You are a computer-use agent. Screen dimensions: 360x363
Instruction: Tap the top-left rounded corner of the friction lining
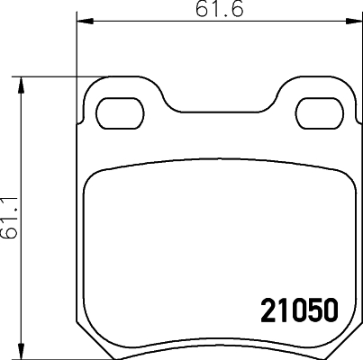tap(91, 180)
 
